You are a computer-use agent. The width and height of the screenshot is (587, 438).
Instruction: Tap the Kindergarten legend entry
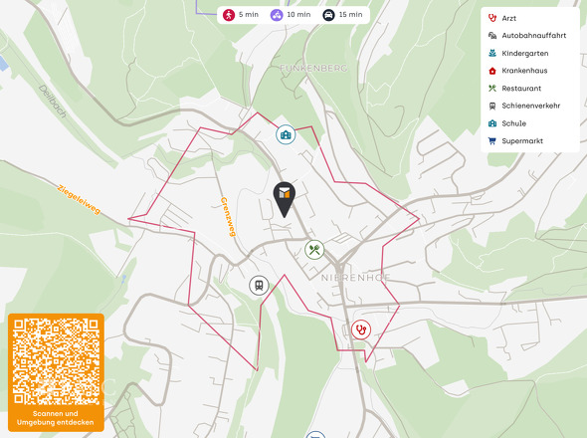524,53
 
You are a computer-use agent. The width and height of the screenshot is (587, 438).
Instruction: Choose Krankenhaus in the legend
524,71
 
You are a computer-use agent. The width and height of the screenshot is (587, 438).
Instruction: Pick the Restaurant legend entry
521,89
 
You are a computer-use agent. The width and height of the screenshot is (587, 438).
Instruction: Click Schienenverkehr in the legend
529,106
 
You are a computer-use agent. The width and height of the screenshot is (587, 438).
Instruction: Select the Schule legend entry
514,123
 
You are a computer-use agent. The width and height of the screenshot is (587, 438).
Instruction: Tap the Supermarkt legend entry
521,141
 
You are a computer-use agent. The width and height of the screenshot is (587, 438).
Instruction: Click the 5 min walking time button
240,15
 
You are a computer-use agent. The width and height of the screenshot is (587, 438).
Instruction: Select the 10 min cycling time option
290,15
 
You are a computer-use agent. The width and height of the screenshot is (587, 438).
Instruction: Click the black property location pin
285,198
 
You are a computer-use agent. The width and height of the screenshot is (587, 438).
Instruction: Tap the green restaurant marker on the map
314,250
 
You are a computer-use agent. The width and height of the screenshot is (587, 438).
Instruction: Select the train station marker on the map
259,286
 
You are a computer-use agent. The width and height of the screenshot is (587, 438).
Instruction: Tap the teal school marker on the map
286,134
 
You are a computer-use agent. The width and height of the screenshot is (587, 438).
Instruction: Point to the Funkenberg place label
313,68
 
